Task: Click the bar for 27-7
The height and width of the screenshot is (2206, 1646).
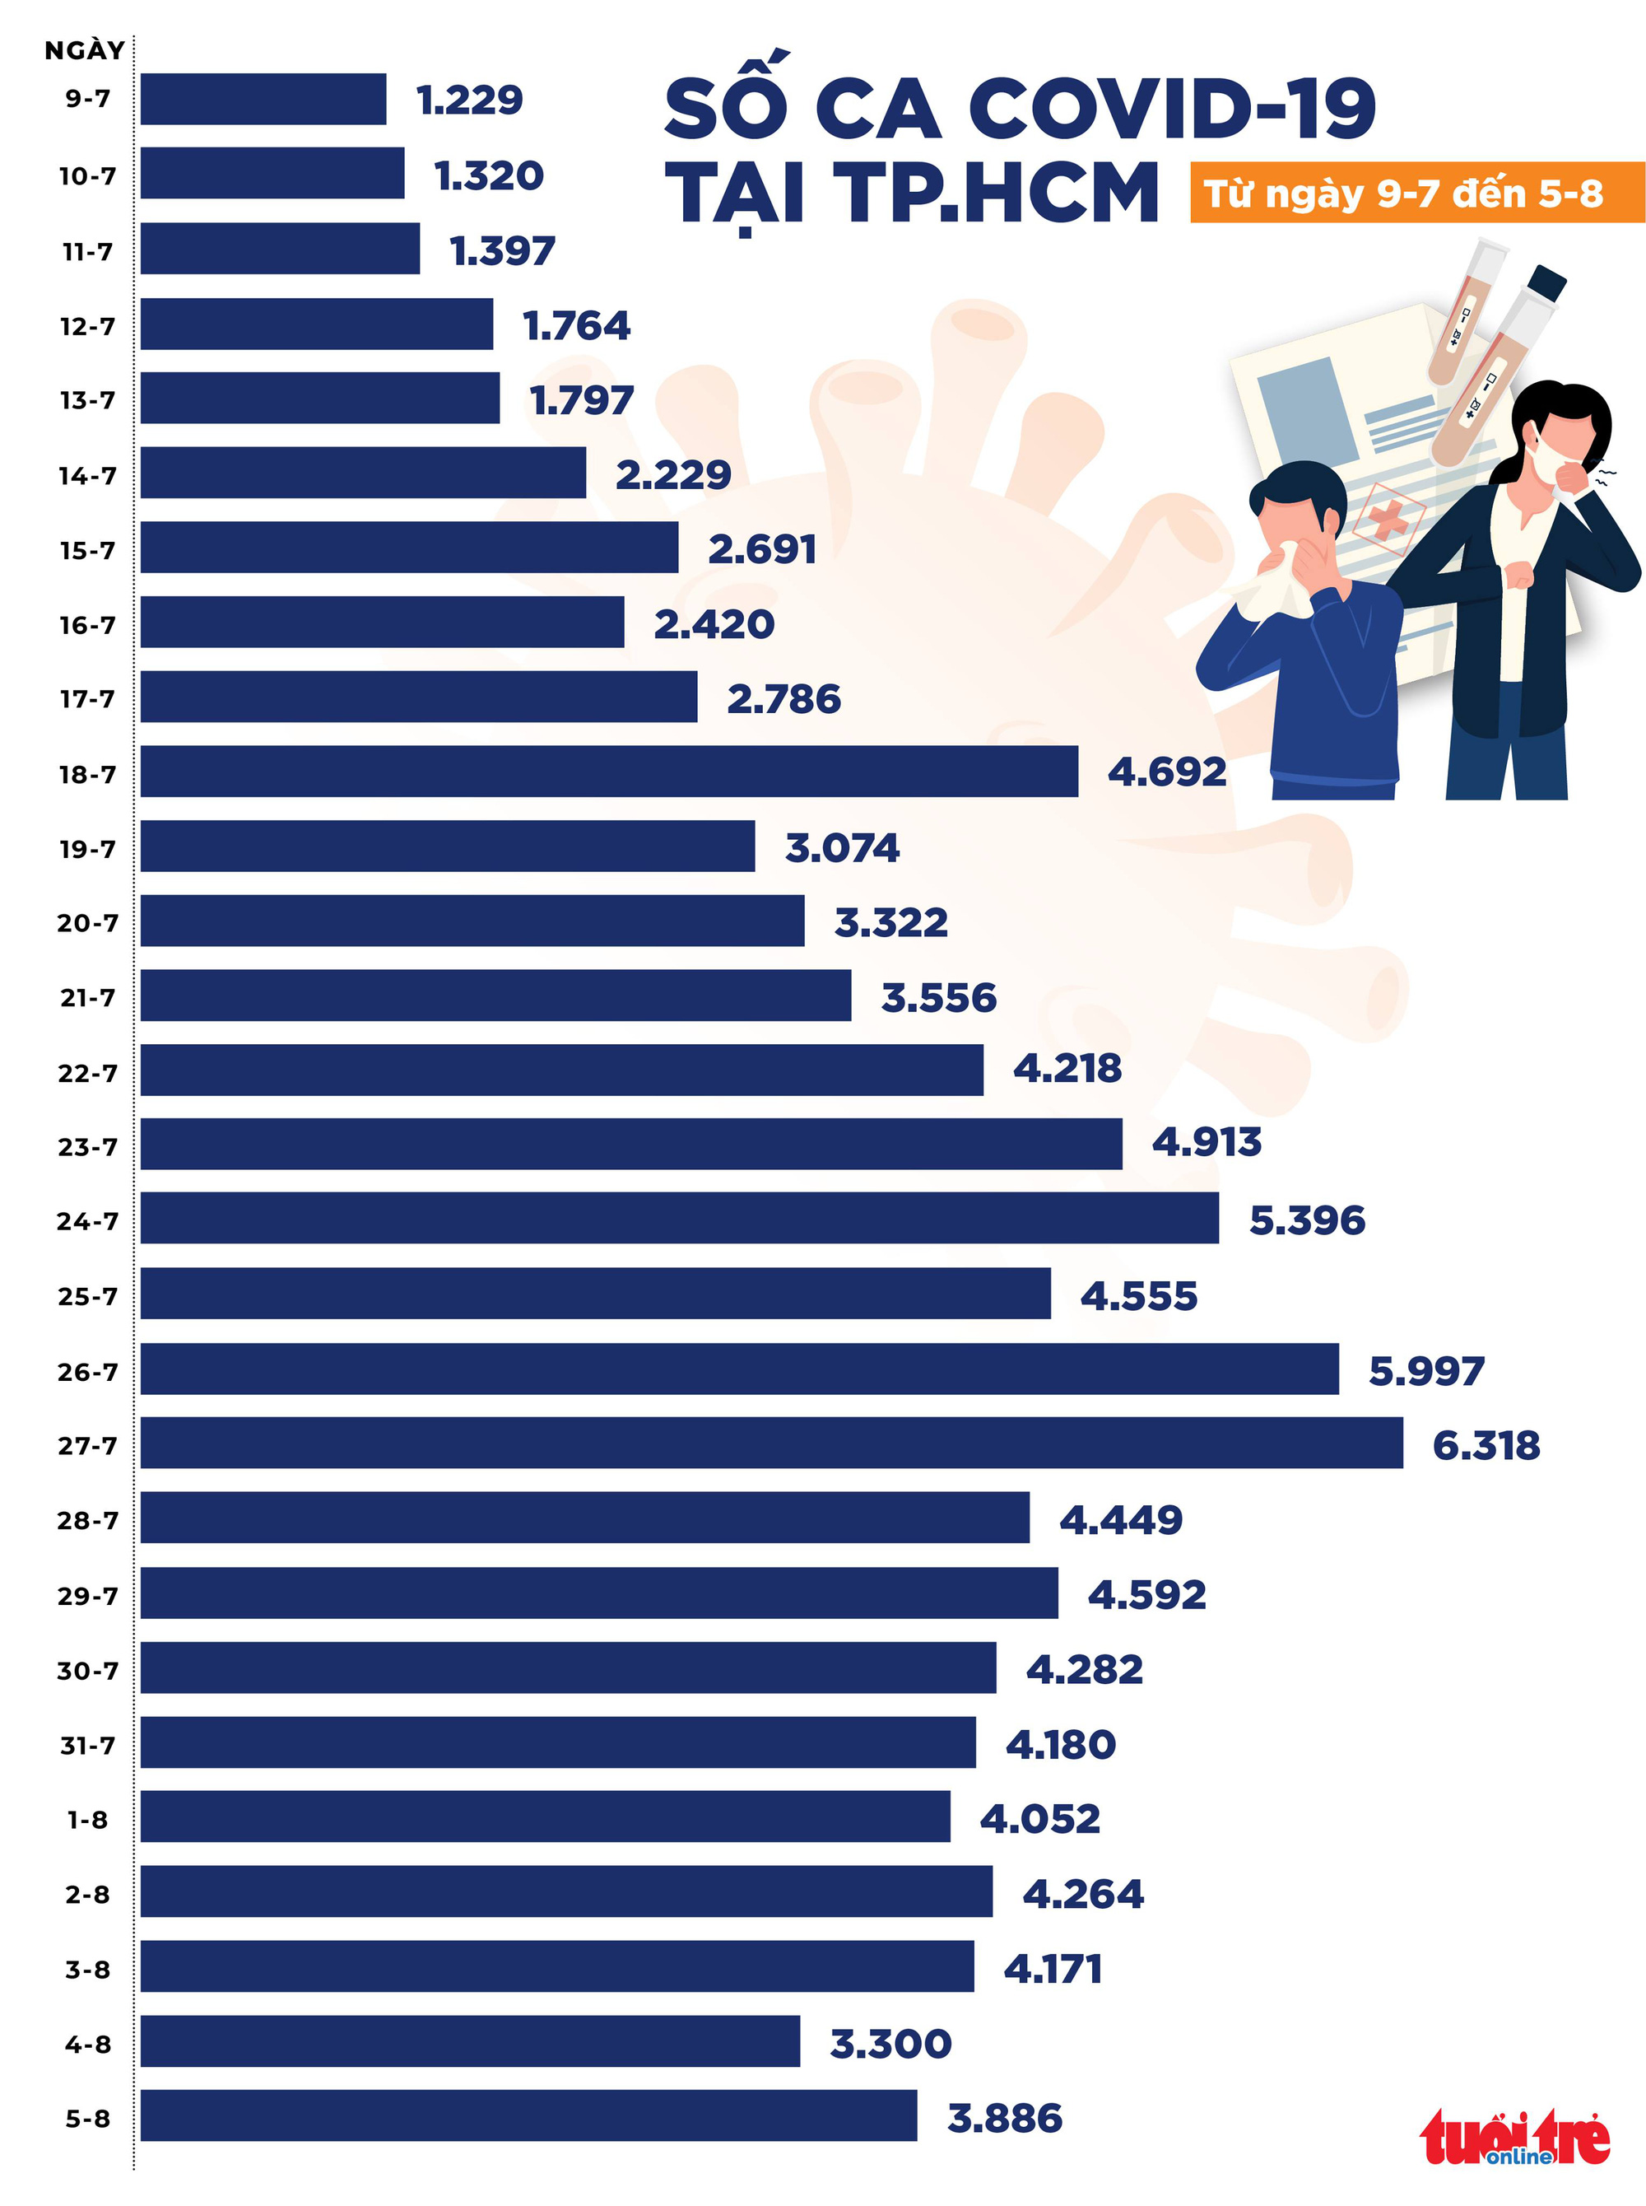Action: [771, 1443]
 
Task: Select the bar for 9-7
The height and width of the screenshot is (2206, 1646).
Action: [263, 99]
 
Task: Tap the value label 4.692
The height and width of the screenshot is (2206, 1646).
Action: [1167, 772]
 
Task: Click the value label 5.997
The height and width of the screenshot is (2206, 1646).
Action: [1425, 1372]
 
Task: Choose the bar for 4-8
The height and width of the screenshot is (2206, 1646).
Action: [469, 2040]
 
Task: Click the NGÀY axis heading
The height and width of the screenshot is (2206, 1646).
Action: [85, 50]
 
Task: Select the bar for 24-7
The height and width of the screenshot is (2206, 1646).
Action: [680, 1218]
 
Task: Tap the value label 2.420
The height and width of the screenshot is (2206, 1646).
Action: [714, 624]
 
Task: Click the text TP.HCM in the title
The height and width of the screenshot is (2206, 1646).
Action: [997, 193]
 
